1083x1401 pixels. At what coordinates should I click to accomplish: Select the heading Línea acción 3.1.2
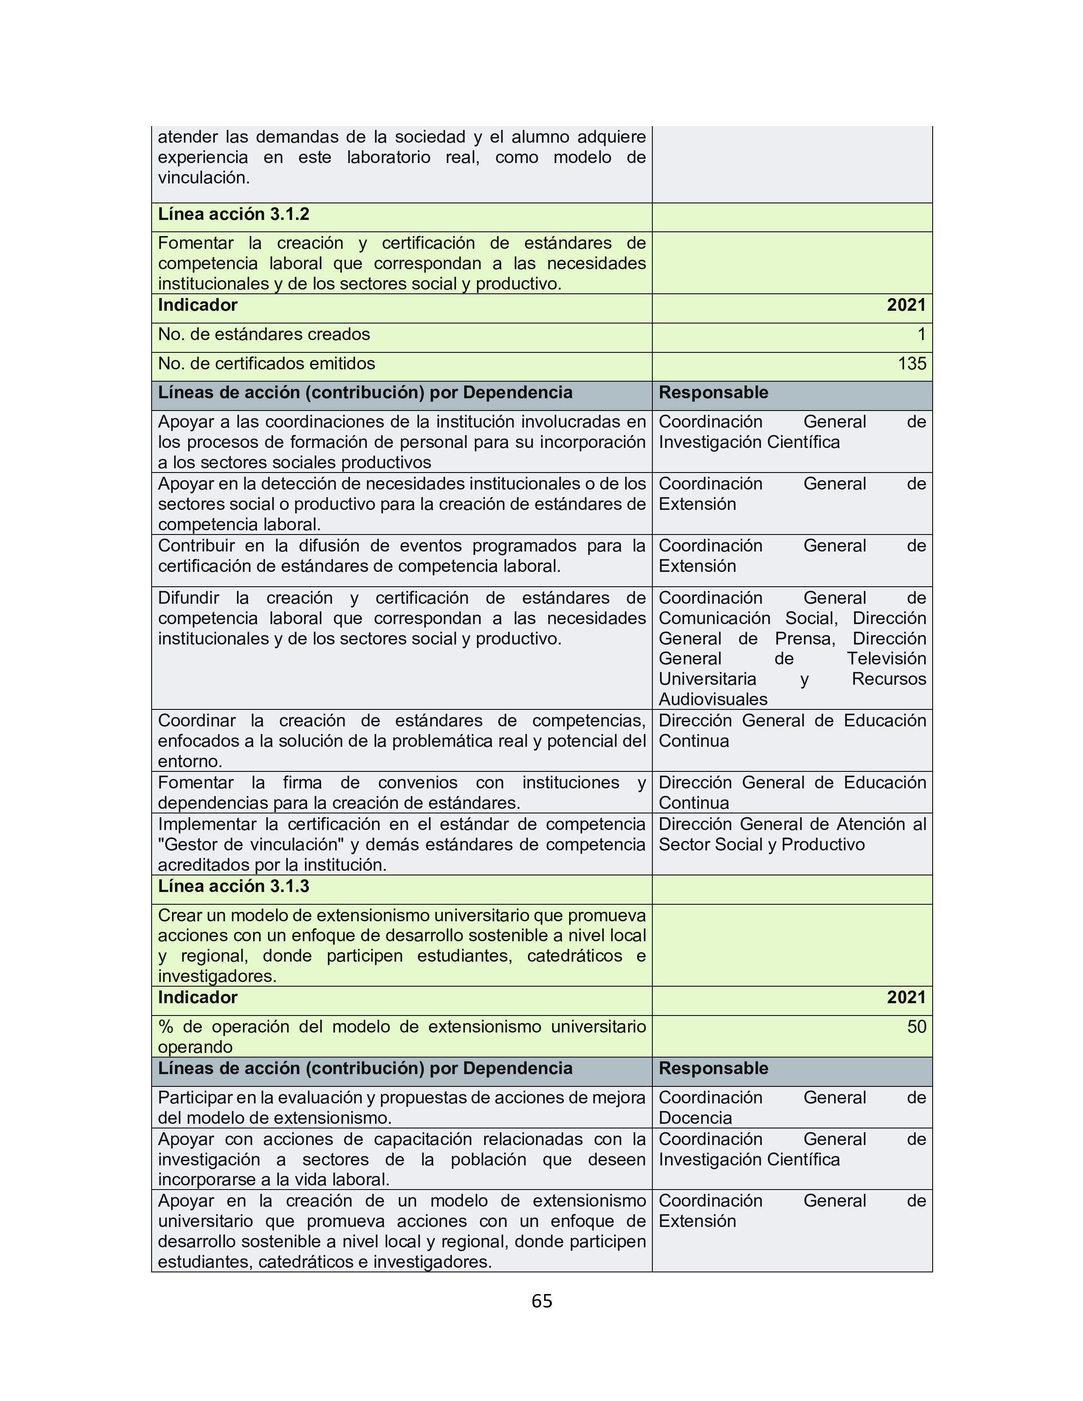click(x=234, y=214)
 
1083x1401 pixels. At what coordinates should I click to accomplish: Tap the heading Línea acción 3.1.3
click(x=234, y=886)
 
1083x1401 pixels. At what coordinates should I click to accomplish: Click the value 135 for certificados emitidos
click(x=912, y=364)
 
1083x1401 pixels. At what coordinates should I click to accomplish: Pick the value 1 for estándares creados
click(x=921, y=334)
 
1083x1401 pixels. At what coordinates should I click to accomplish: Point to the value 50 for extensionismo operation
click(x=916, y=1027)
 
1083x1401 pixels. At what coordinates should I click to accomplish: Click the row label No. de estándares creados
click(x=264, y=334)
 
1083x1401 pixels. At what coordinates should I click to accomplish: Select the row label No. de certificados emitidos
click(x=266, y=364)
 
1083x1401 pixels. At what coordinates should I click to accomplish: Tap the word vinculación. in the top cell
click(x=203, y=178)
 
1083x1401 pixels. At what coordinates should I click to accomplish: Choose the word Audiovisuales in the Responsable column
click(x=713, y=699)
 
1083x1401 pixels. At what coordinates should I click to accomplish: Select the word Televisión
click(x=886, y=659)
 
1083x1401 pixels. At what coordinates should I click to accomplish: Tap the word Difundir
click(x=188, y=598)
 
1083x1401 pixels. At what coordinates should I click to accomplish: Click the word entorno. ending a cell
click(x=190, y=762)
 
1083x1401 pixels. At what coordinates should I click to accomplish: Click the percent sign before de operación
click(x=166, y=1027)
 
